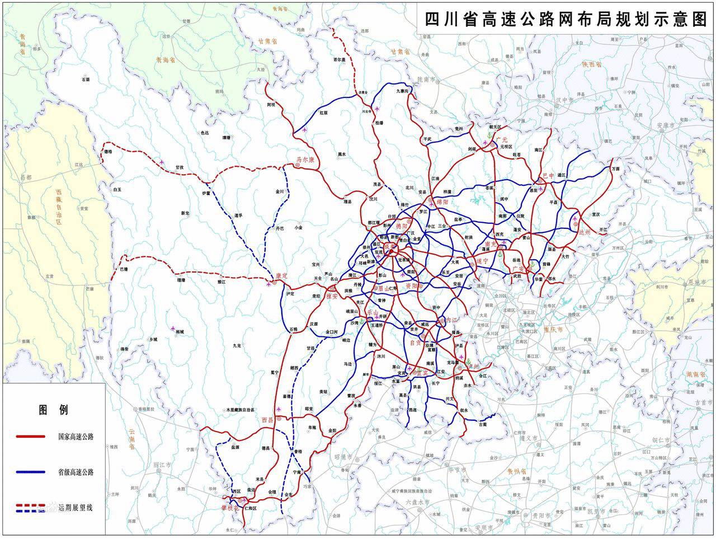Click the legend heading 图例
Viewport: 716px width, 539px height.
(x=53, y=410)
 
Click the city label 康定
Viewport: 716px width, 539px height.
(x=281, y=276)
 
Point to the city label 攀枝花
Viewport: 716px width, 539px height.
(x=229, y=508)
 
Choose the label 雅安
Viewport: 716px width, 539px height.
(x=332, y=296)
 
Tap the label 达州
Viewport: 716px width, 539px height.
(x=584, y=231)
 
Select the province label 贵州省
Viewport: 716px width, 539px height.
(x=518, y=470)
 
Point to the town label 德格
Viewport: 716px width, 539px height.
(x=108, y=152)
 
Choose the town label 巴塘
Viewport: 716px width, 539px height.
(x=124, y=269)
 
